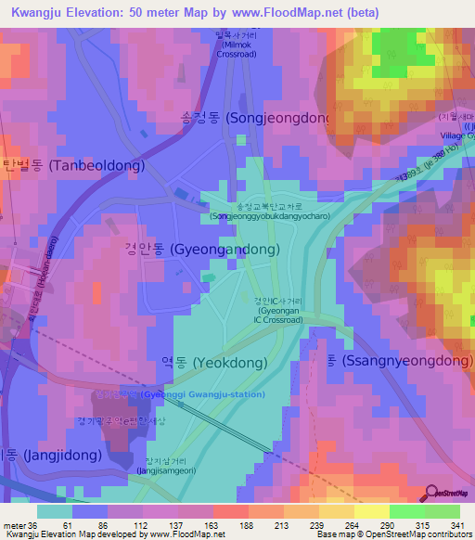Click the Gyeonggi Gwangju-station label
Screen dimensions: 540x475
tap(176, 394)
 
